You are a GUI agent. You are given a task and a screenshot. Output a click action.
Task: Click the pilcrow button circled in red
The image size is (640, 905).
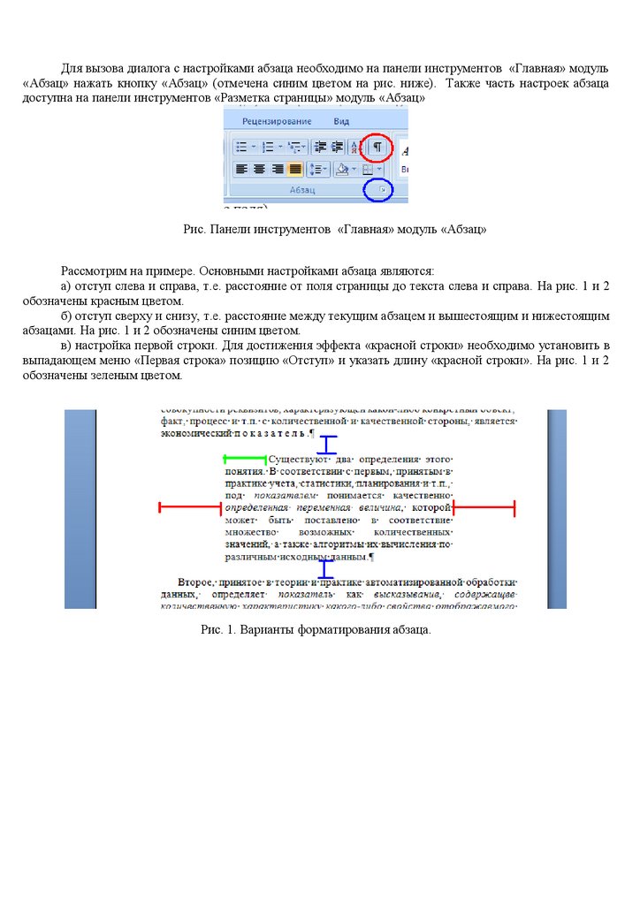click(x=377, y=147)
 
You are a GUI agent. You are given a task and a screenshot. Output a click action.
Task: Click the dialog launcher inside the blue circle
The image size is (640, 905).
click(x=380, y=190)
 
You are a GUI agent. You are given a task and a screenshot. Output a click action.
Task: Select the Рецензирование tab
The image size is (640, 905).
click(x=277, y=120)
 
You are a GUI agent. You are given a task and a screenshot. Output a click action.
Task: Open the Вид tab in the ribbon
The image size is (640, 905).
click(x=342, y=120)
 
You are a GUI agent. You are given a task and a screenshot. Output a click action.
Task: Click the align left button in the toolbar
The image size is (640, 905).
click(x=240, y=169)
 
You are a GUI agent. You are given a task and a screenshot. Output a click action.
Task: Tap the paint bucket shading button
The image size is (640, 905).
click(x=342, y=169)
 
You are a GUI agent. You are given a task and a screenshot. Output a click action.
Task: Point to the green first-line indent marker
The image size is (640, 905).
click(x=245, y=459)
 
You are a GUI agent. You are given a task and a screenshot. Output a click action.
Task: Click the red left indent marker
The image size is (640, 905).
click(x=189, y=507)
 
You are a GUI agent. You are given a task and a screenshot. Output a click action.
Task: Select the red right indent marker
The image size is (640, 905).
click(x=484, y=507)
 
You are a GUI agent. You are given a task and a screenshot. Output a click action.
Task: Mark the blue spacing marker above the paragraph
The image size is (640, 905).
click(x=328, y=445)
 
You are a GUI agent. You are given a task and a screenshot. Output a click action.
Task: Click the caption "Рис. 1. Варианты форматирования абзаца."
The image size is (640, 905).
click(x=316, y=629)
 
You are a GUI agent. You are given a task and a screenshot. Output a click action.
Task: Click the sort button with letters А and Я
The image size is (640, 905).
click(x=355, y=147)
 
